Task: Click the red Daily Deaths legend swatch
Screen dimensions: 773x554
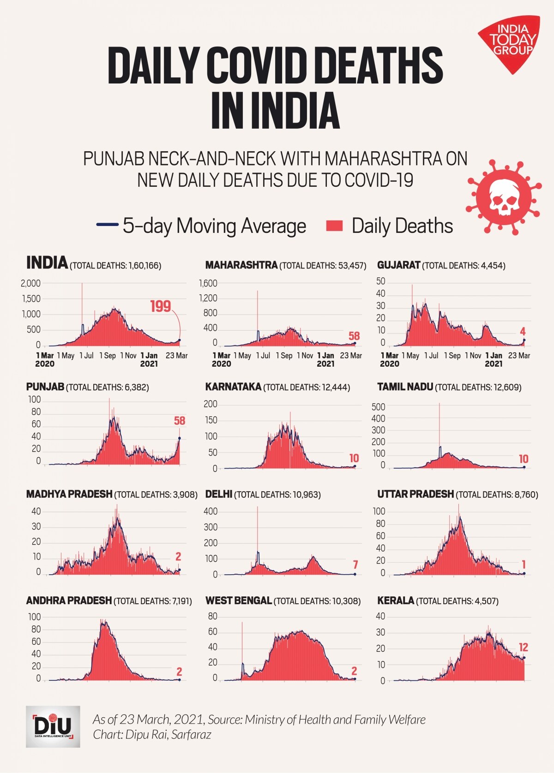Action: [334, 226]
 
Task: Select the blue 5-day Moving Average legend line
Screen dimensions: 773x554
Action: [107, 225]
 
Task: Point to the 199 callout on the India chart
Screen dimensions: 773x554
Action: [160, 306]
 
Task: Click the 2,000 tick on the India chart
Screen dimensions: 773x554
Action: [30, 283]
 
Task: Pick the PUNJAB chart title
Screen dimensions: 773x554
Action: [45, 387]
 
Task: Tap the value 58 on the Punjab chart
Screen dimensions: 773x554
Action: [179, 421]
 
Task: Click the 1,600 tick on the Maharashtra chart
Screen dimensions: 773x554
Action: [208, 283]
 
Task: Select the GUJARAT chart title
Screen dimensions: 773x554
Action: [398, 265]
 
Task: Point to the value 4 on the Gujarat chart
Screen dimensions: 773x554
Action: [523, 332]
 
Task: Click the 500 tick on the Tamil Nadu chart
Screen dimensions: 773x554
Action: [378, 407]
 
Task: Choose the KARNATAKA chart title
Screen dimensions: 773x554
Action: [233, 387]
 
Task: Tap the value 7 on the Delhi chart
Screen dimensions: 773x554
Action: [355, 565]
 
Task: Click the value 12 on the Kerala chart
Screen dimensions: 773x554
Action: [523, 648]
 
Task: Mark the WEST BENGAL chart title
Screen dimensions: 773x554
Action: [238, 601]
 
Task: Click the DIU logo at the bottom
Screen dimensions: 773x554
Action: [53, 726]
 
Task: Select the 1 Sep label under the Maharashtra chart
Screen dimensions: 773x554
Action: [284, 356]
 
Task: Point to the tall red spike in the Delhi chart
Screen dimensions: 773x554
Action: [258, 530]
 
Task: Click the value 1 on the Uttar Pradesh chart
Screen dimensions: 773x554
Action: [524, 565]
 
